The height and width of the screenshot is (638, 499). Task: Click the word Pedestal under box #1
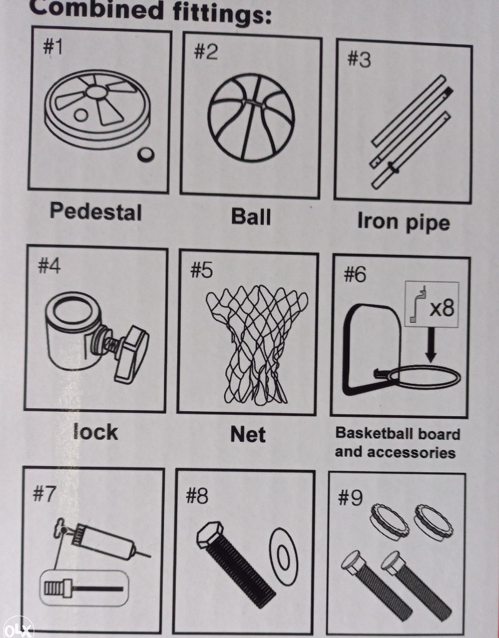point(95,212)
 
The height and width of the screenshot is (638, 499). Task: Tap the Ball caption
point(251,216)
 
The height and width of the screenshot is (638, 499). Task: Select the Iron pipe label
point(404,222)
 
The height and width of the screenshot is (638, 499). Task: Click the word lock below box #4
point(95,431)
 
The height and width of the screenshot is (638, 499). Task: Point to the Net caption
point(248,434)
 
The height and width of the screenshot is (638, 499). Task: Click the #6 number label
point(355,274)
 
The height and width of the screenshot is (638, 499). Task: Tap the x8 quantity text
point(442,307)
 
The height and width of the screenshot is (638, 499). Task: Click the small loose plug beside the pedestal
point(145,155)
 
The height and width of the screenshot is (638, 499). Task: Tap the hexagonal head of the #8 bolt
point(210,533)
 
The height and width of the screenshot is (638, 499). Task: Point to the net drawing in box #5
point(256,344)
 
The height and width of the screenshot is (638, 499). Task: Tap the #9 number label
point(350,498)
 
